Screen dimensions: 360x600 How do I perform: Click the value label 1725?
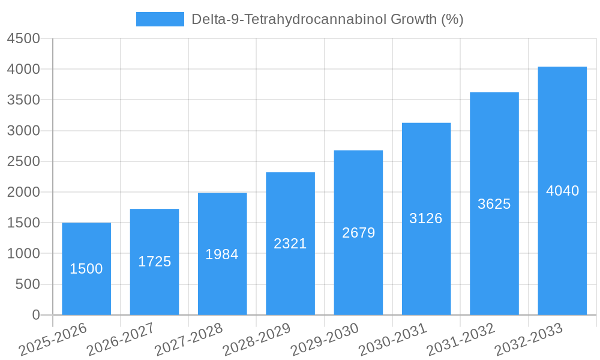click(154, 262)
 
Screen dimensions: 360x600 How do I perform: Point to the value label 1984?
click(222, 254)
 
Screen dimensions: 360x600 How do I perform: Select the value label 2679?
click(358, 233)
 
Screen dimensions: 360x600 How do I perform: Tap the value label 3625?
click(494, 204)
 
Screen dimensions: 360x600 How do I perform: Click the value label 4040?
click(562, 191)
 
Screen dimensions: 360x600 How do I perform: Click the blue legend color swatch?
click(160, 19)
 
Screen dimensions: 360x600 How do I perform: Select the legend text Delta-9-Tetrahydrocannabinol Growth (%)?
click(327, 19)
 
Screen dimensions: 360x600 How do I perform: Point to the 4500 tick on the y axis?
click(23, 38)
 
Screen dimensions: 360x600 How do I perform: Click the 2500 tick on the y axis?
click(23, 161)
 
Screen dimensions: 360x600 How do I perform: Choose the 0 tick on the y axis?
click(35, 315)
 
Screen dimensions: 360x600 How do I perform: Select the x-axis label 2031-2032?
click(461, 339)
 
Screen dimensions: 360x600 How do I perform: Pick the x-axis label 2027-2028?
click(189, 339)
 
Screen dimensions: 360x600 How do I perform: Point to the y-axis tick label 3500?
click(23, 100)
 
